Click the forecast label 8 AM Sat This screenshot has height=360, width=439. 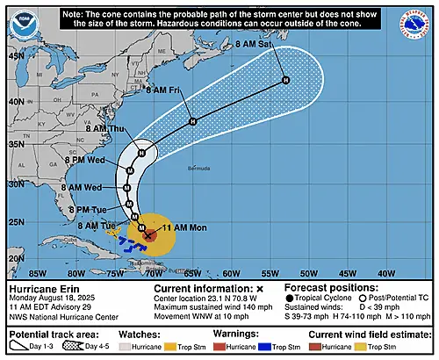tap(254, 54)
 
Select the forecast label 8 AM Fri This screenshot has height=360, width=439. tap(162, 90)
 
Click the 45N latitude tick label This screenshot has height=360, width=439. tap(15, 54)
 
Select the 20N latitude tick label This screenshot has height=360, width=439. tap(15, 258)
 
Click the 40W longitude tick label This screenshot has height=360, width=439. tap(385, 272)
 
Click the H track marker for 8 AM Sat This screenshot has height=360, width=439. tap(284, 81)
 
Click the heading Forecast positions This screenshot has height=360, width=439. tap(335, 287)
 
